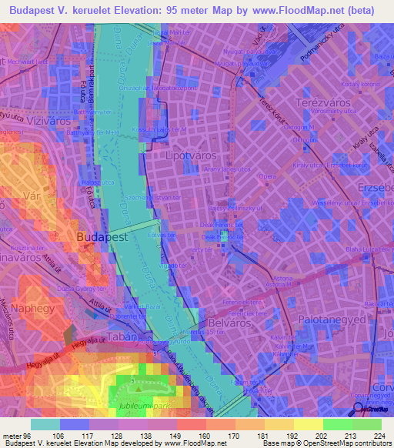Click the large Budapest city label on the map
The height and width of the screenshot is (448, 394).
(102, 237)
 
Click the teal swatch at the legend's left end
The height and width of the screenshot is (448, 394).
(45, 424)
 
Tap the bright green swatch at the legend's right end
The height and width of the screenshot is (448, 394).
(367, 424)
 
